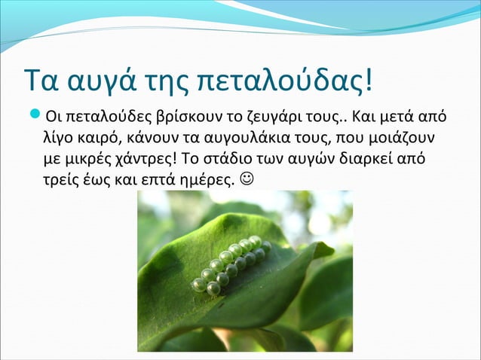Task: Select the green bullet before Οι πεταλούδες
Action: click(x=35, y=117)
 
